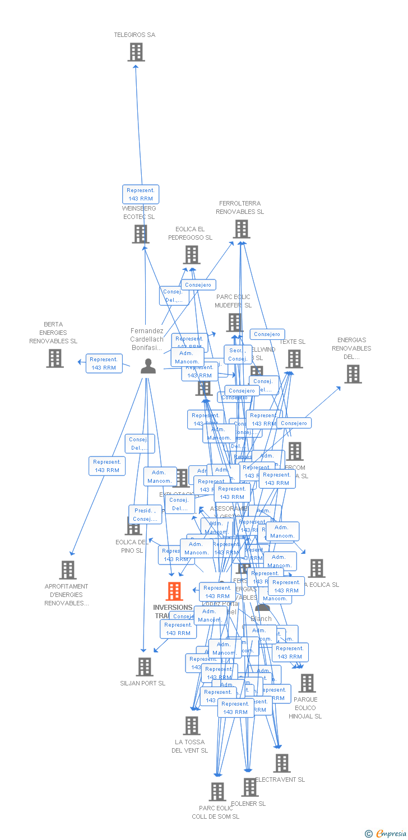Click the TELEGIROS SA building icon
pos(136,52)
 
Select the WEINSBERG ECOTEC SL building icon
pos(141,234)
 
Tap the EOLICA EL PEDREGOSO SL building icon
pos(192,255)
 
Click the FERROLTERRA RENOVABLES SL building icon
pos(242,229)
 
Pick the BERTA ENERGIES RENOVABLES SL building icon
pos(55,358)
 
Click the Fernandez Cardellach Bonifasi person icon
pos(148,366)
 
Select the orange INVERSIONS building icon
pos(174,591)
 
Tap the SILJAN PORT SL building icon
pos(145,667)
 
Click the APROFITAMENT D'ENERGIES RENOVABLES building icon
pos(68,570)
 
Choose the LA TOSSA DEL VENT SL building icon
pos(192,726)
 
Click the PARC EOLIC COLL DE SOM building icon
pos(217,792)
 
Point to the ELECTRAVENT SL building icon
pos(282,763)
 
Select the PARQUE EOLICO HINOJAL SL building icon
pos(307,683)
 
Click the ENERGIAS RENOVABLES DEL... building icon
pos(353,374)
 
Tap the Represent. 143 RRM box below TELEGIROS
pos(141,194)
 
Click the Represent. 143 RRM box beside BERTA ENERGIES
pos(104,363)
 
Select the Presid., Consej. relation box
pos(145,515)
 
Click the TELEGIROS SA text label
pos(135,35)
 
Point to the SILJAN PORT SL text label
pos(143,683)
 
